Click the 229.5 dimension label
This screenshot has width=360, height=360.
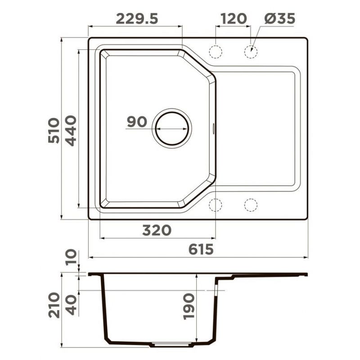coord(137,19)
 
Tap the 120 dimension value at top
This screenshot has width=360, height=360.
coord(234,19)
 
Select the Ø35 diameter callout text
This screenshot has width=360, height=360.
coord(279,18)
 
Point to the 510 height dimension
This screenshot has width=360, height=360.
coord(54,130)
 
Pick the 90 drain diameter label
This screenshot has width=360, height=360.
coord(137,121)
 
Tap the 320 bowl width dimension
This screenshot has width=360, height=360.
coord(157,230)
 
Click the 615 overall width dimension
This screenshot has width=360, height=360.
coord(201,249)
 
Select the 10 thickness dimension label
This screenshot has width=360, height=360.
coord(71,257)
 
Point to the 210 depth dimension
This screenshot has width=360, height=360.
coord(54,305)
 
